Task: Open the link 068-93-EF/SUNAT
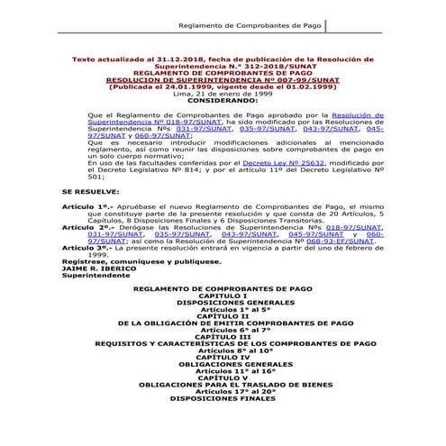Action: point(339,242)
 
